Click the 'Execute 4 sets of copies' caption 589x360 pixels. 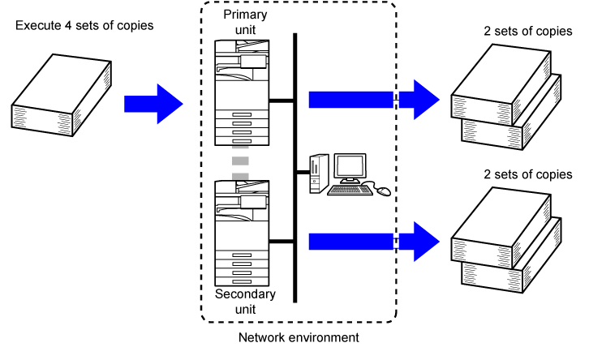(84, 26)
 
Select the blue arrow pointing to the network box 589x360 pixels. (154, 103)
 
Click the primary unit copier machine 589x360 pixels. (241, 89)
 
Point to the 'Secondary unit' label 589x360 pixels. (245, 301)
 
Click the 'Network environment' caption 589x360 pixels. (299, 336)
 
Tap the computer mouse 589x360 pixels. (383, 191)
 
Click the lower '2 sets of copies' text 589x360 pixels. (528, 174)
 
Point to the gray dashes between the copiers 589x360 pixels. (239, 163)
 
